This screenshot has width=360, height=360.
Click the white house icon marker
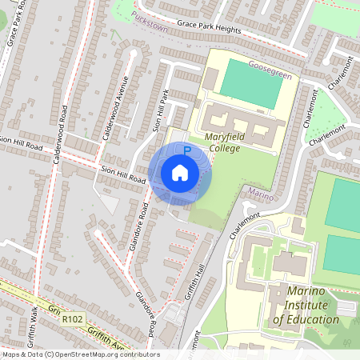pyautogui.click(x=180, y=173)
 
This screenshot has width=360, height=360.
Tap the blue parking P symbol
pyautogui.click(x=187, y=150)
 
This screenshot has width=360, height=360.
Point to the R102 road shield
pyautogui.click(x=73, y=318)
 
